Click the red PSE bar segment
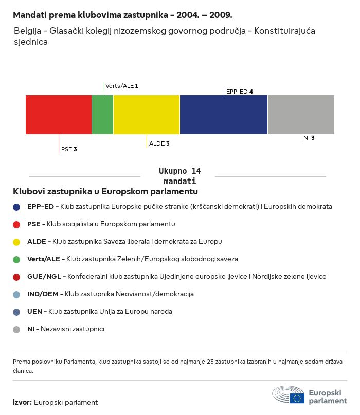tap(59, 114)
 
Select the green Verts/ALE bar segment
tap(102, 114)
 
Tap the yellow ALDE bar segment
tap(147, 114)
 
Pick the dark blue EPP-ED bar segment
tap(224, 114)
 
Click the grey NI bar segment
tap(301, 114)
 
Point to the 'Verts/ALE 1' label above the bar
tap(122, 86)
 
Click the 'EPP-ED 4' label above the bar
tap(239, 92)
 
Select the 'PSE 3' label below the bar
tap(69, 149)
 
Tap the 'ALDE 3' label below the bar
tap(159, 143)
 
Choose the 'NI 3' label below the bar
tap(309, 138)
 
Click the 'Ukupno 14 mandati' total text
tap(179, 176)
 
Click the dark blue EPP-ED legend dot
tap(17, 207)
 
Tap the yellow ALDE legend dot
tap(17, 242)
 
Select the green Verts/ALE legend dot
tap(17, 259)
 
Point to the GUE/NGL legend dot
tap(17, 277)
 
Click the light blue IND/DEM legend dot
tap(17, 294)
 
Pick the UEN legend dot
tap(17, 312)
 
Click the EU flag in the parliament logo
tap(297, 398)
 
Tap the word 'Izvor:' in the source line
tap(23, 402)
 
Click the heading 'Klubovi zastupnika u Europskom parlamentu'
tap(105, 191)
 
